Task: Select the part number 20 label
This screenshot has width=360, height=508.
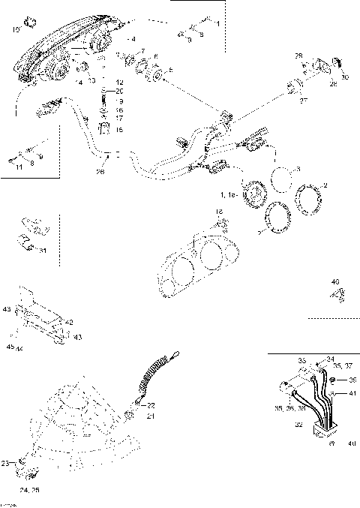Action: [120, 90]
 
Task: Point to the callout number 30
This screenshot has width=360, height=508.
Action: [345, 77]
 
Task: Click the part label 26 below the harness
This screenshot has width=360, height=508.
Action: [100, 172]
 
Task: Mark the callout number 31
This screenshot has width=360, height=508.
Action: [43, 251]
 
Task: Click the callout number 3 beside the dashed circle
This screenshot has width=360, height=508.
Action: [298, 170]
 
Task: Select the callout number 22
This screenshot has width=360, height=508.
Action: [151, 405]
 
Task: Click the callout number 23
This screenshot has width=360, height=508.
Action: [6, 464]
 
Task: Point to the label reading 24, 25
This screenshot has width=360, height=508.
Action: [30, 489]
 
